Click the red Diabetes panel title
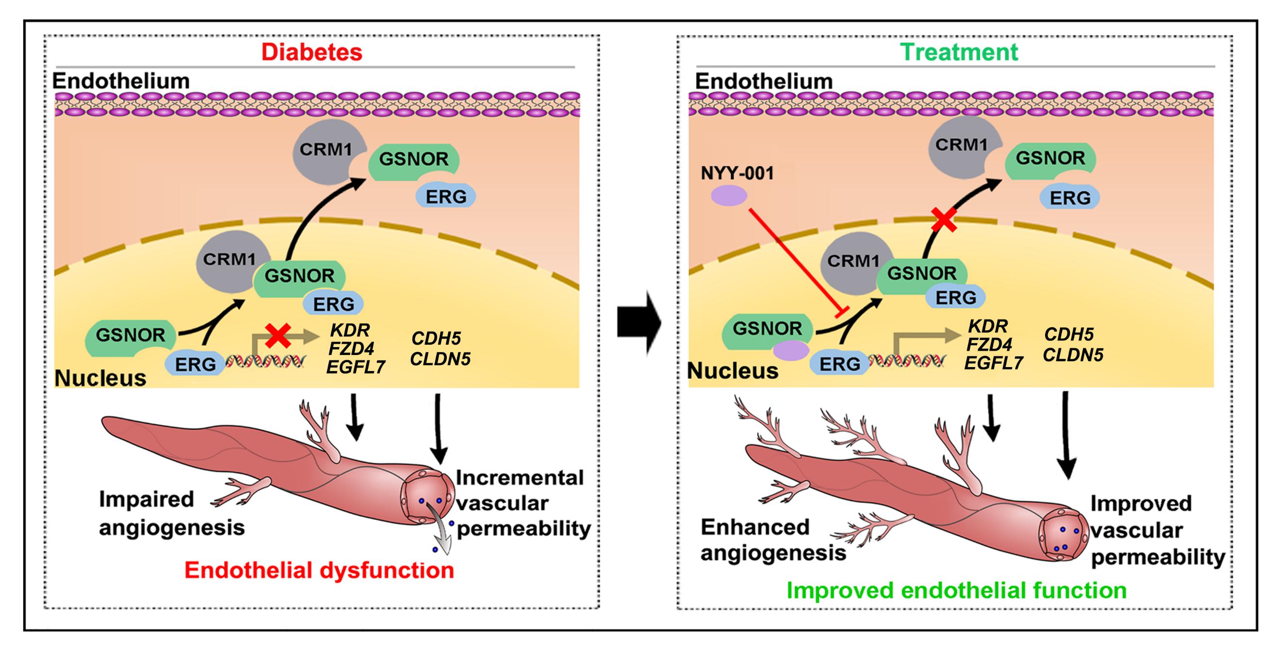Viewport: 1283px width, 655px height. click(x=312, y=52)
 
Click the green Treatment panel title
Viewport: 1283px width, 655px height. click(x=959, y=52)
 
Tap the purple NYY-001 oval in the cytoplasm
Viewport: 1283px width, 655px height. click(x=728, y=195)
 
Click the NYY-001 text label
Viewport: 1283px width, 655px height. click(x=737, y=173)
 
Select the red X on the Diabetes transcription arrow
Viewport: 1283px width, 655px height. click(x=278, y=335)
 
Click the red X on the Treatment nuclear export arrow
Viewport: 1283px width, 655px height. click(x=944, y=219)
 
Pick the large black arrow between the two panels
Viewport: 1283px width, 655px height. click(x=639, y=323)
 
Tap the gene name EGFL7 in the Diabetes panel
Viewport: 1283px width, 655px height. click(x=355, y=367)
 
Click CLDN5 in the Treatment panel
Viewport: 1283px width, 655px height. click(x=1073, y=355)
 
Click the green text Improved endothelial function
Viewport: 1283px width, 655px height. click(x=956, y=591)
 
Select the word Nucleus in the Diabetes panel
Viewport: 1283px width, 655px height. click(x=101, y=379)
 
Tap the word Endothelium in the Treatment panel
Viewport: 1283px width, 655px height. click(x=763, y=81)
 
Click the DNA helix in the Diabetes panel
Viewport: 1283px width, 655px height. click(x=266, y=360)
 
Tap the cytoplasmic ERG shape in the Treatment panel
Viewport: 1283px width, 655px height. click(x=1069, y=198)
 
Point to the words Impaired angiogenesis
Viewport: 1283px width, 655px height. click(x=172, y=514)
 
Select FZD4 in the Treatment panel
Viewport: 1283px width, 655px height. click(x=989, y=345)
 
